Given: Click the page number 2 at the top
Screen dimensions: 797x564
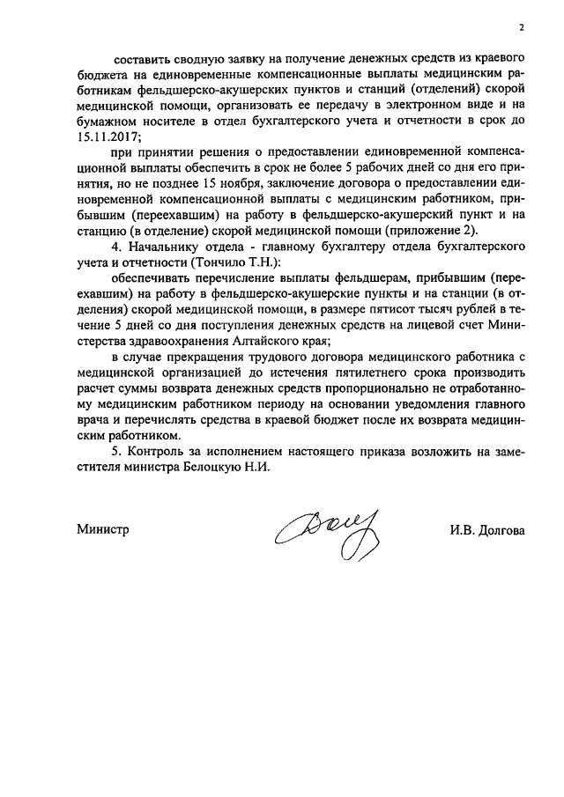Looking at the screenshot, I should [521, 28].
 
